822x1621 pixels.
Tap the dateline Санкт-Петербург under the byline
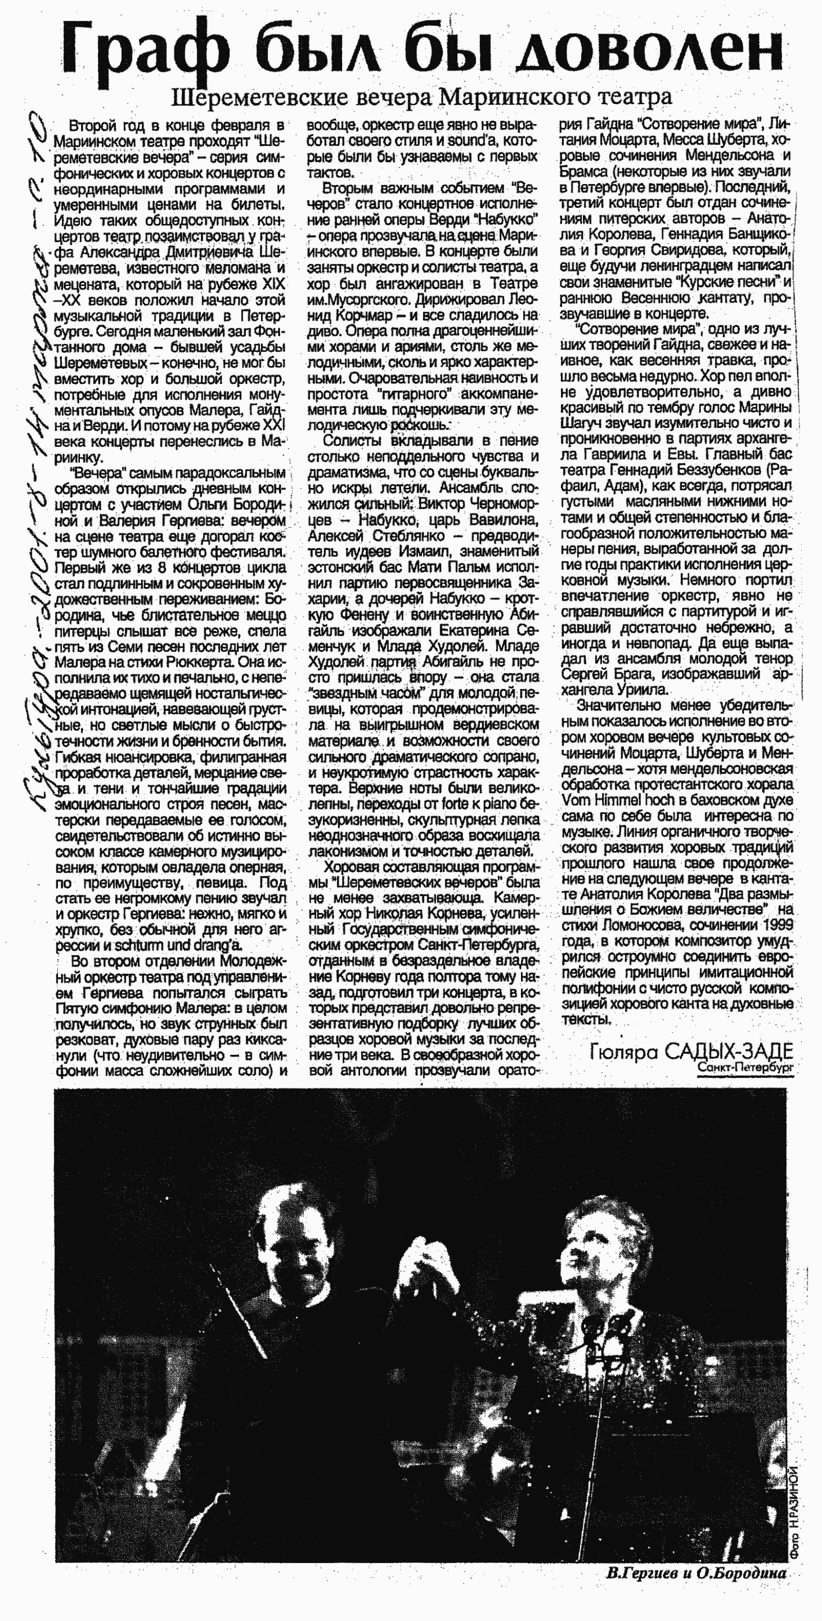tap(745, 1067)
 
